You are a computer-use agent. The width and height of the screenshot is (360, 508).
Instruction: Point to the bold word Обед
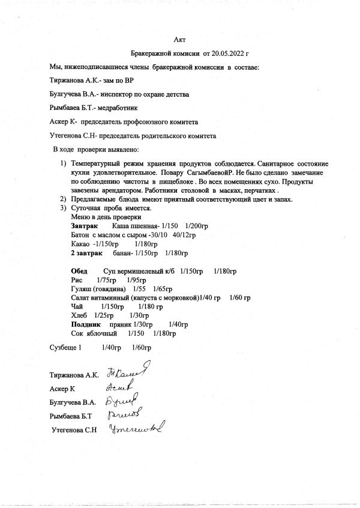pyautogui.click(x=79, y=271)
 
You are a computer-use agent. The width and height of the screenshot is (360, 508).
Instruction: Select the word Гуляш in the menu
pyautogui.click(x=83, y=289)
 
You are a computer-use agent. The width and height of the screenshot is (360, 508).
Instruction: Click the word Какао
pyautogui.click(x=80, y=243)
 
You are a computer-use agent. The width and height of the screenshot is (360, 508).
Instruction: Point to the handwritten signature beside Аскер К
pyautogui.click(x=122, y=387)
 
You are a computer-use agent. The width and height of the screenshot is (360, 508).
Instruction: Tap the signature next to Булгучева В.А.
pyautogui.click(x=124, y=400)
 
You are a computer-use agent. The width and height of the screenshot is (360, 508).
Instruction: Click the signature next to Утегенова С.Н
pyautogui.click(x=136, y=428)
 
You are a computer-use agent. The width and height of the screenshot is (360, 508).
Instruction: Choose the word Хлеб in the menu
pyautogui.click(x=79, y=315)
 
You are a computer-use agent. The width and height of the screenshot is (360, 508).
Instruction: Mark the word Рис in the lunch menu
pyautogui.click(x=76, y=280)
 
